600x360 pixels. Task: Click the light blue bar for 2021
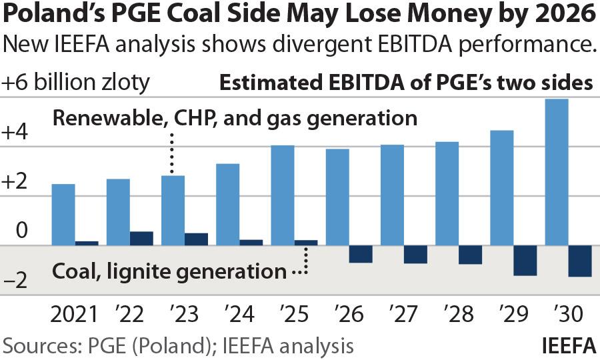tap(64, 214)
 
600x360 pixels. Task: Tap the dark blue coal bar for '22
tap(141, 238)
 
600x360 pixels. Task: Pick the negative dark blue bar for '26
tap(361, 253)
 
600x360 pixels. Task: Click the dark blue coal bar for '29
tap(525, 260)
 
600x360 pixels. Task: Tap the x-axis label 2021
tap(75, 313)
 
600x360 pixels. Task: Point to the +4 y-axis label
tap(15, 133)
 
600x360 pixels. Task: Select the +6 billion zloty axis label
tap(76, 83)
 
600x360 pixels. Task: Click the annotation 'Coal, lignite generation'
tap(167, 271)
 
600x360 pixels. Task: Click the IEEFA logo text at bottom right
tap(569, 346)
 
